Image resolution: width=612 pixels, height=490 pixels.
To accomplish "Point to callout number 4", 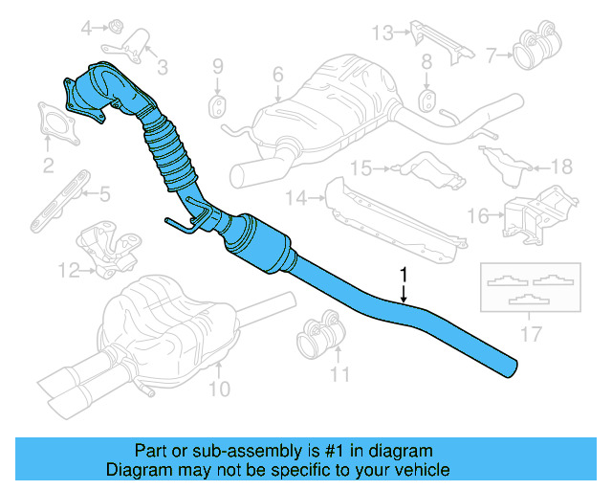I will (86, 28).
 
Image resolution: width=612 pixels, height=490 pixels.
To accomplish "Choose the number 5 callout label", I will (104, 194).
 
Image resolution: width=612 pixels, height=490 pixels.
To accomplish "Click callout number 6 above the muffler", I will (277, 74).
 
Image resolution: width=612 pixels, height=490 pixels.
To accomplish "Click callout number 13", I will (382, 33).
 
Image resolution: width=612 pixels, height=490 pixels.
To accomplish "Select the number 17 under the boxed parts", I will (532, 334).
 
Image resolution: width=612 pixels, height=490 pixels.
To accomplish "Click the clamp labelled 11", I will (316, 336).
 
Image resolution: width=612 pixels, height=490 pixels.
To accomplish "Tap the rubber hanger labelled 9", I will (218, 101).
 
